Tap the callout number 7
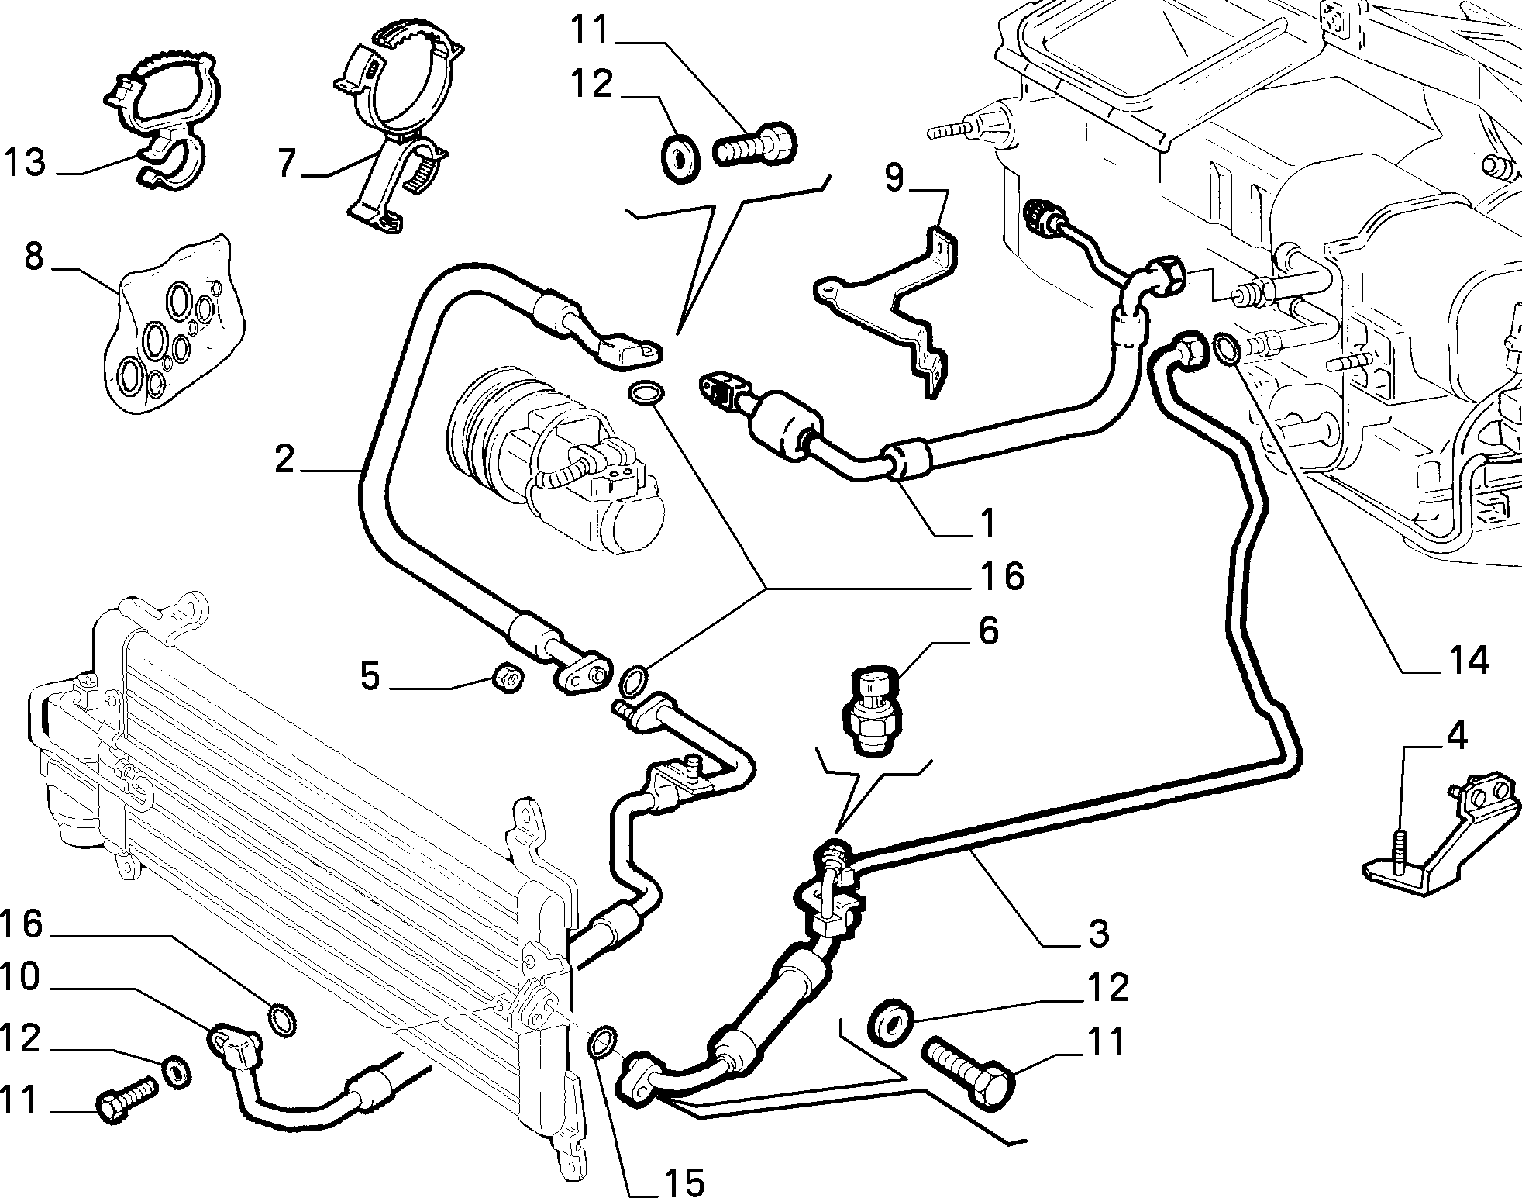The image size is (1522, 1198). tap(288, 163)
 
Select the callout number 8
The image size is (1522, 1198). tap(33, 255)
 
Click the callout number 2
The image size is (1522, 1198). tap(284, 459)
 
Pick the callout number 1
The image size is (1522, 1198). tap(986, 524)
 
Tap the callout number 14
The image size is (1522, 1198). tap(1465, 661)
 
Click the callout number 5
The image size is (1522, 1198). tap(370, 677)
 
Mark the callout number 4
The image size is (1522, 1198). tap(1457, 737)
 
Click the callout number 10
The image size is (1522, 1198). tap(21, 978)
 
